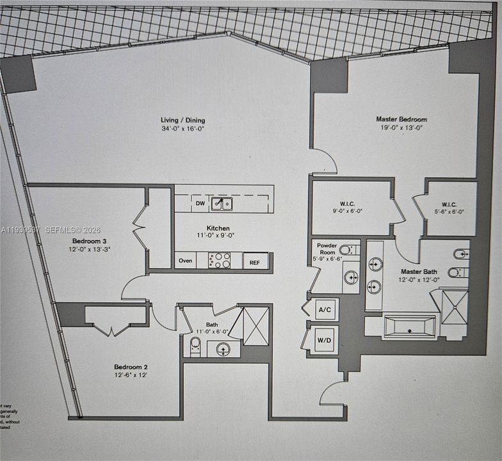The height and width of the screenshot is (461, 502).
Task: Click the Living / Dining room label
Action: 183,120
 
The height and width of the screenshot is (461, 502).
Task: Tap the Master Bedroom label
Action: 401,119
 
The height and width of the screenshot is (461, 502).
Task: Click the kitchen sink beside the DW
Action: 223,204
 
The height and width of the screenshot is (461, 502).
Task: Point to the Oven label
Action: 185,261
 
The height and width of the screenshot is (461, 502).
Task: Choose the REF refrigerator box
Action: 254,261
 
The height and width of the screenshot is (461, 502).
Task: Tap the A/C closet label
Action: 325,310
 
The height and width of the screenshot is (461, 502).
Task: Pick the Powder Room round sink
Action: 350,277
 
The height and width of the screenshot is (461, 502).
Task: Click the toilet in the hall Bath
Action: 195,346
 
